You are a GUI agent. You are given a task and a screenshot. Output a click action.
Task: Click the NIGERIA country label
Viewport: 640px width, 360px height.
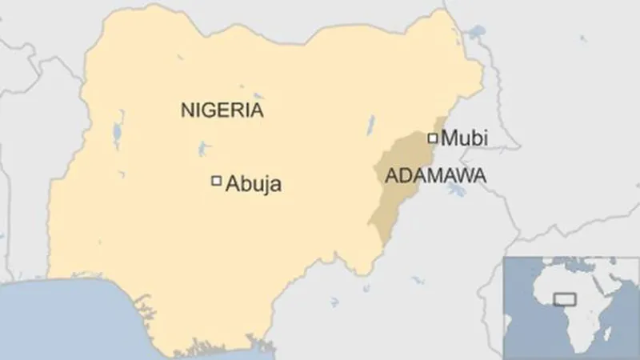coord(222,110)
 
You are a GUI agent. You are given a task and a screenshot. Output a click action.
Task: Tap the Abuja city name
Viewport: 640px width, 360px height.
coord(254,184)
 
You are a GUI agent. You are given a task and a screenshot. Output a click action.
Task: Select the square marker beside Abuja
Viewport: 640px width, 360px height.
coord(215,182)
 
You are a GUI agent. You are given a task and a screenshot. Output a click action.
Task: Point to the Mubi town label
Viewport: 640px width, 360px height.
coord(465,139)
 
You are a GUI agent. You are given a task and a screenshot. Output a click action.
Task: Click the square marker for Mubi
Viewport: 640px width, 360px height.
coord(434,138)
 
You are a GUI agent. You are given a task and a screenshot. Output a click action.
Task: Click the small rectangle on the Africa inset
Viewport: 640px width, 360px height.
coord(566,299)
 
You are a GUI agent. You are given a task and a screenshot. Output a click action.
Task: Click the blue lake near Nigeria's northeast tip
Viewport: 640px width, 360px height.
coord(478,34)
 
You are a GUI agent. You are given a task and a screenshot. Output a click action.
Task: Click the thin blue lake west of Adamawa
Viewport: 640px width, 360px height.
coord(370,124)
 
